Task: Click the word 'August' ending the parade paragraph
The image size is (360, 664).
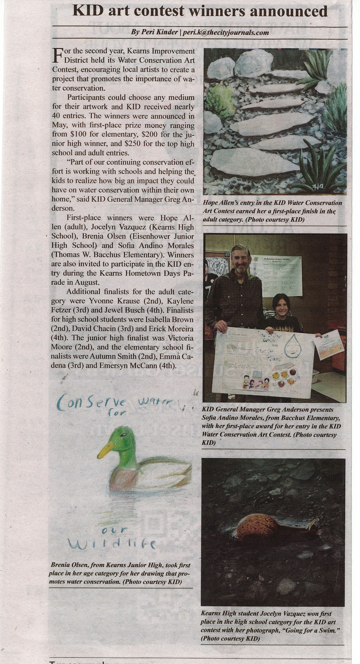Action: click(90, 283)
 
